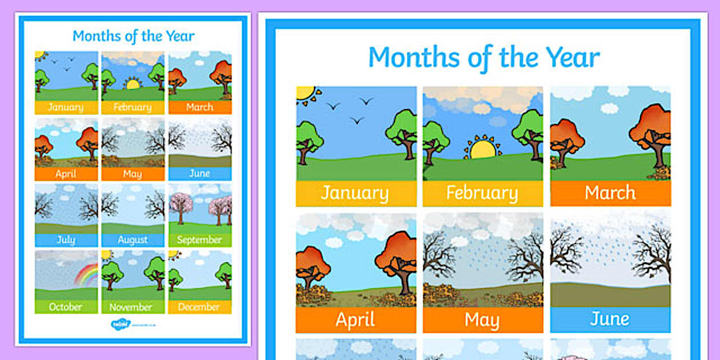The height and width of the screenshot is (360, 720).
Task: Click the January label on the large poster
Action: pyautogui.click(x=355, y=193)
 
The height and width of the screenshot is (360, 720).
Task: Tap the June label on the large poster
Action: pyautogui.click(x=610, y=319)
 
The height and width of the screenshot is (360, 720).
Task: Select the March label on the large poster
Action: pyautogui.click(x=610, y=193)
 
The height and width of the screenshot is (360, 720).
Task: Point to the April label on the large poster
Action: pyautogui.click(x=355, y=319)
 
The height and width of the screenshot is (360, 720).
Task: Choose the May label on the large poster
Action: pyautogui.click(x=482, y=319)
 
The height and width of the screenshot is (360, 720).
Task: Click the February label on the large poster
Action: pyautogui.click(x=482, y=193)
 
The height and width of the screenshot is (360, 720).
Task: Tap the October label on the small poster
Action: pyautogui.click(x=66, y=307)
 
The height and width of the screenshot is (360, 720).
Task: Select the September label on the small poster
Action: pyautogui.click(x=199, y=240)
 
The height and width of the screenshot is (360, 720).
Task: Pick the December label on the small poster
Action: pyautogui.click(x=199, y=307)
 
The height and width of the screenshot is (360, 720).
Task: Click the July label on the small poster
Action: pyautogui.click(x=66, y=240)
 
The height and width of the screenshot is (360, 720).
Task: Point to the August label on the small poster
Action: pyautogui.click(x=133, y=240)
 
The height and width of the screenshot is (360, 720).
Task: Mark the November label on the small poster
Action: pyautogui.click(x=133, y=307)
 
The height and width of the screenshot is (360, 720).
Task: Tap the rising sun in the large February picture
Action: pyautogui.click(x=483, y=149)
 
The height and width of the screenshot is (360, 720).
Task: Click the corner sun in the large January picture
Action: pyautogui.click(x=305, y=93)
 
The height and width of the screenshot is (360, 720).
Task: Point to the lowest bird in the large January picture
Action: pyautogui.click(x=358, y=121)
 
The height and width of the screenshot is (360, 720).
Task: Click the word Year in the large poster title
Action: pyautogui.click(x=572, y=57)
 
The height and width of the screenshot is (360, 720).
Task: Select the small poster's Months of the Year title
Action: pyautogui.click(x=133, y=36)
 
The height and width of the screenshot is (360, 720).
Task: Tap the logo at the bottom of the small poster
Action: pyautogui.click(x=121, y=324)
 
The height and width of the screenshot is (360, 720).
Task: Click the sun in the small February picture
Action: pyautogui.click(x=133, y=84)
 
